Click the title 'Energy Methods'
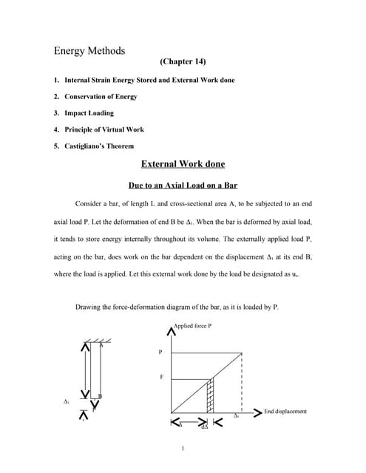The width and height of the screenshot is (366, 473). coord(89,51)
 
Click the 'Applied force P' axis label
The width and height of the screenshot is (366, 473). coord(193,326)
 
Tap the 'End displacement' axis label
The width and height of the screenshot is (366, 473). coord(285,412)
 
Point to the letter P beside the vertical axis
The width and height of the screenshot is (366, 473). coord(160,353)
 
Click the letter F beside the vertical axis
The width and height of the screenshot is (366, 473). coord(160,378)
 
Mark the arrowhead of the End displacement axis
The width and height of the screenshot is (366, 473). coord(257,412)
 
